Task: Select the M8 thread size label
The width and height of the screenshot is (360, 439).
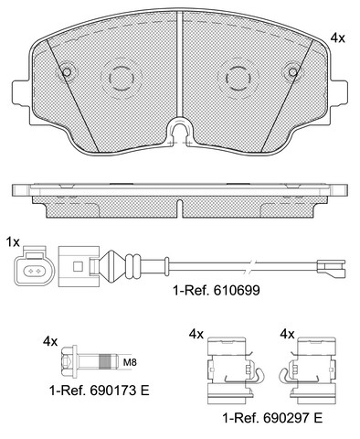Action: (130, 362)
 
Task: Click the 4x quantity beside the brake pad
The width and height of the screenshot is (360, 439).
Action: (338, 38)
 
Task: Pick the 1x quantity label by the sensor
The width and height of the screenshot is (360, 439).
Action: (13, 242)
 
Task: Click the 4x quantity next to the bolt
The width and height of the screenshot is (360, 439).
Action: (50, 341)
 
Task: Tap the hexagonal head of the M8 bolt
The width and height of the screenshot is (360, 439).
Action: (68, 362)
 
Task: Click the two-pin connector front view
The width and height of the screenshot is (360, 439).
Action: (35, 265)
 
